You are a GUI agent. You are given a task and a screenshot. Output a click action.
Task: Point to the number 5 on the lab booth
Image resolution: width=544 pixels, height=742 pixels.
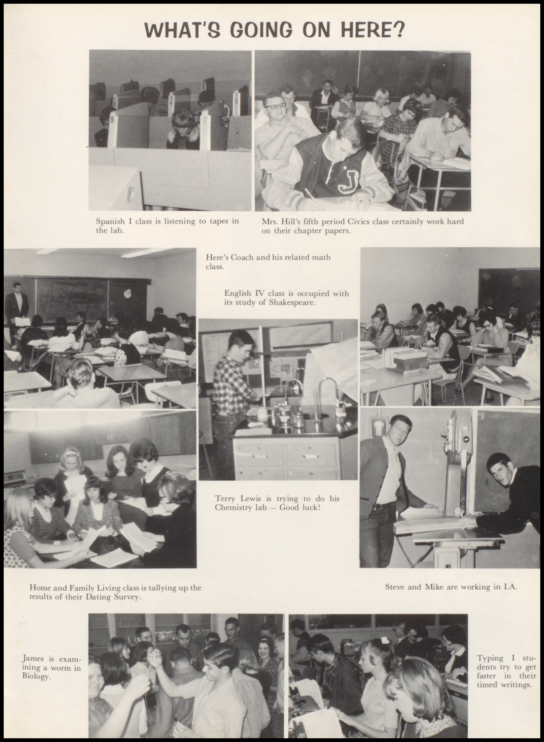[112, 119]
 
